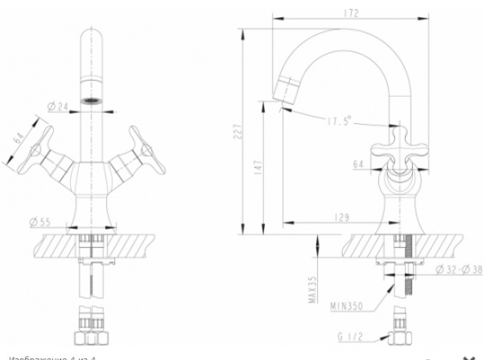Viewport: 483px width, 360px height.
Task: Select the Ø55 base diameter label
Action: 39,221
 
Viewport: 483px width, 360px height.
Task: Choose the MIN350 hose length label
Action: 346,306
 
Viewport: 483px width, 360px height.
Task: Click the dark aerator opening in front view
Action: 93,101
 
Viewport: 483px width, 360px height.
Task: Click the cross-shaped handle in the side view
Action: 396,147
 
